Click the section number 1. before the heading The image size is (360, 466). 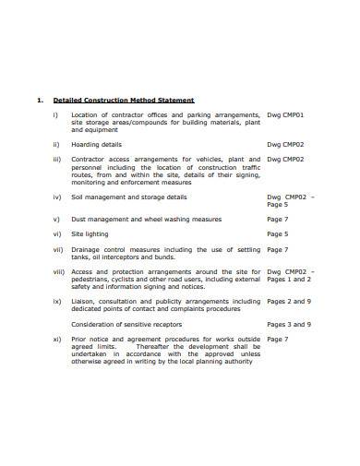(39, 100)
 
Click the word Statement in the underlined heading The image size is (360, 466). (174, 100)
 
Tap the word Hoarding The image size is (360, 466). (86, 144)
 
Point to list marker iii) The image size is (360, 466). (56, 159)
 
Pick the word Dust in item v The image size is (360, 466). (79, 219)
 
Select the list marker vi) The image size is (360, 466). (56, 233)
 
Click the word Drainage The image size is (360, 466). (88, 249)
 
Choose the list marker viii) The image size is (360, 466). (58, 271)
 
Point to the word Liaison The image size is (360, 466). (85, 301)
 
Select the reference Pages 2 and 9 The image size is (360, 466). (289, 301)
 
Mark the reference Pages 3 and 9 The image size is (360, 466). (289, 324)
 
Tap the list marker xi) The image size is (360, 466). (56, 339)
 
